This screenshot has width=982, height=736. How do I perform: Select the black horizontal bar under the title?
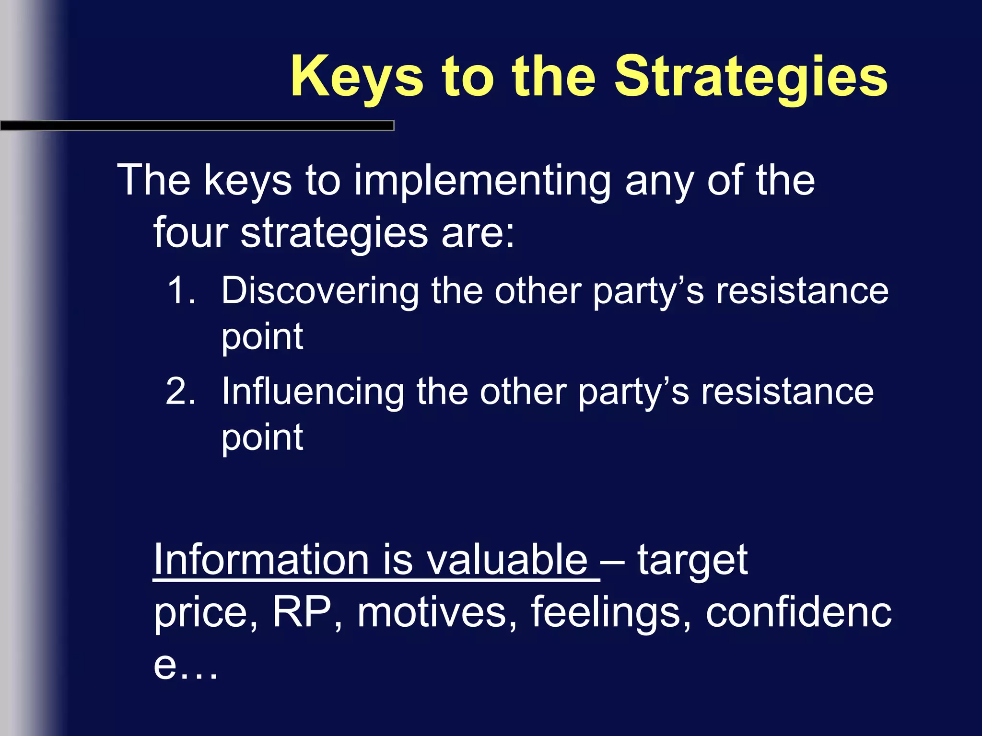[197, 126]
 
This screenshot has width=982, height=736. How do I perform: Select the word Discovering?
[320, 291]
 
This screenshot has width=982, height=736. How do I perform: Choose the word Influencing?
[313, 391]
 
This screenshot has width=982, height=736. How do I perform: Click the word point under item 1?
[262, 337]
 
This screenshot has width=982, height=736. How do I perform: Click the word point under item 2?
[262, 438]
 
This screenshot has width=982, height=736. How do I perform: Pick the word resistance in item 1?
[802, 291]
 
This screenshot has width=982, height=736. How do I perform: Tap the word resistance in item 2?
[787, 391]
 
